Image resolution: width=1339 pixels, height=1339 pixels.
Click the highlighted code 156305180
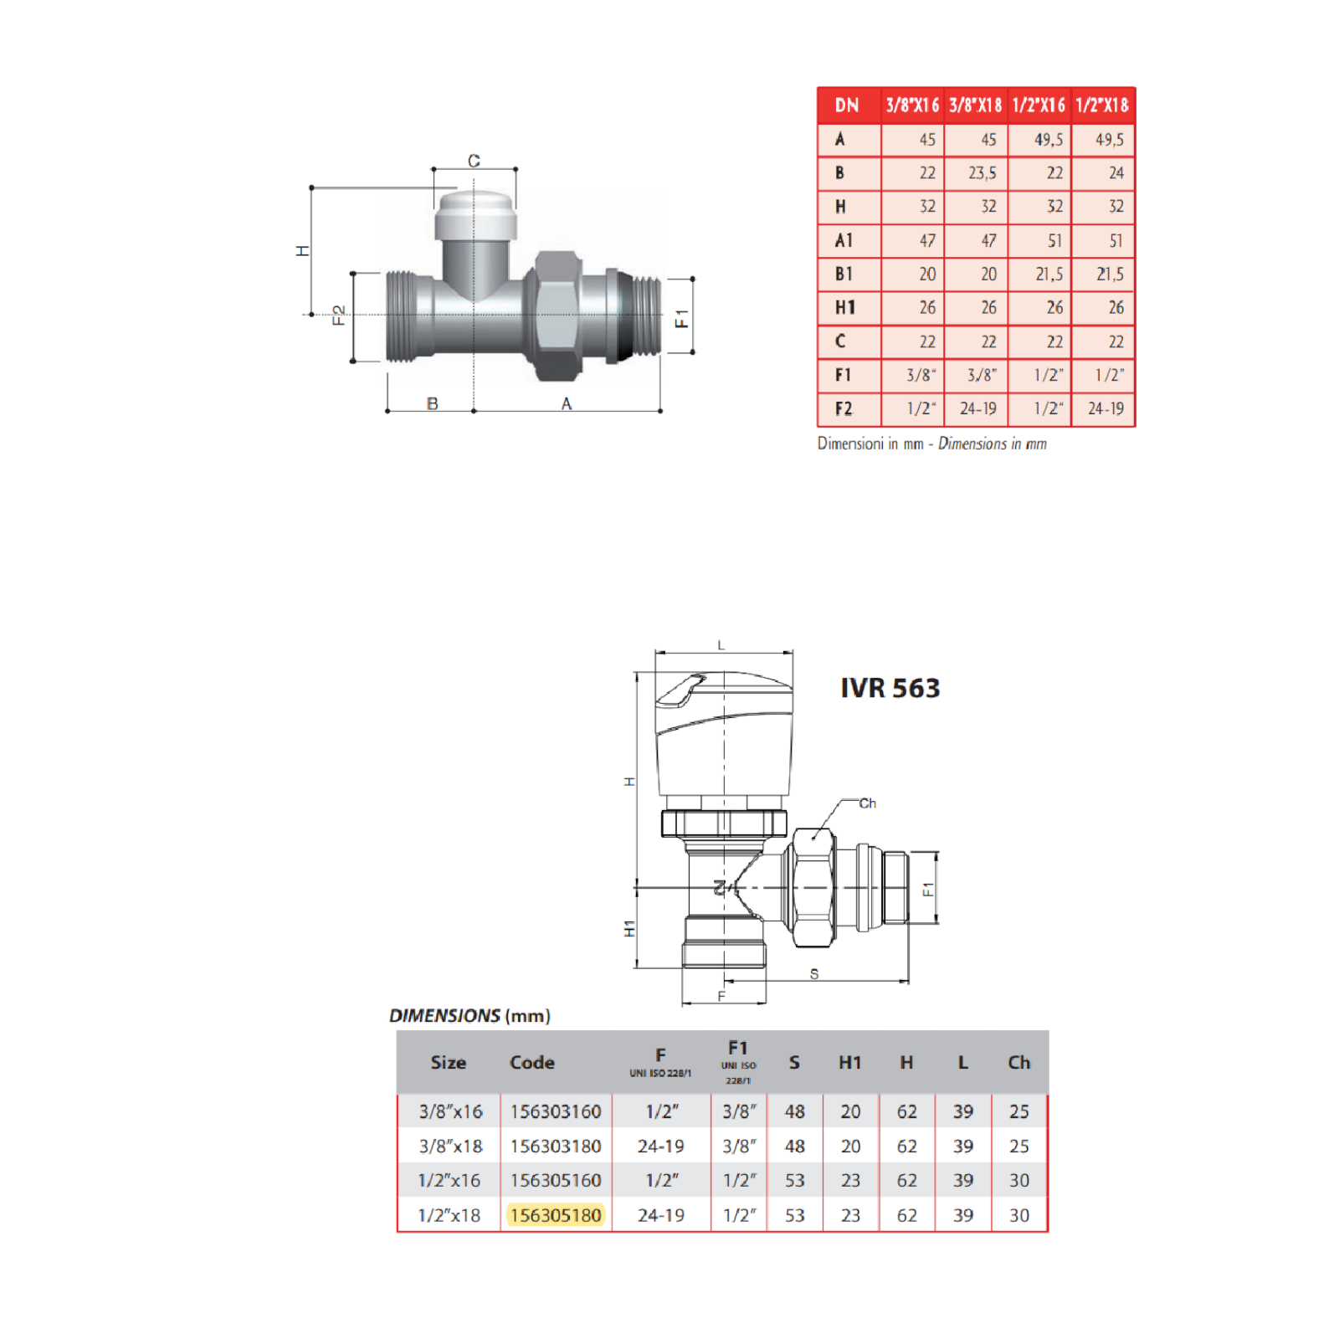[556, 1214]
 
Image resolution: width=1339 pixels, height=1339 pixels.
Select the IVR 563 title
[890, 688]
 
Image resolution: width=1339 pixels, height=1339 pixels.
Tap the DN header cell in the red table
[847, 105]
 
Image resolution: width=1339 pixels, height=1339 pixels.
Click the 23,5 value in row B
[982, 173]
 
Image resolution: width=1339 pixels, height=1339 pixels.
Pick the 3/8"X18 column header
[976, 105]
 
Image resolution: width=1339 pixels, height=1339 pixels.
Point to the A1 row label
[844, 240]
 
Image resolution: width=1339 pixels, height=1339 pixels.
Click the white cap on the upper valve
[475, 215]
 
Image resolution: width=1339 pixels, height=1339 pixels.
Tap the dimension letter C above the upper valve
[474, 160]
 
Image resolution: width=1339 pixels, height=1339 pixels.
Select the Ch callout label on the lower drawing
[867, 803]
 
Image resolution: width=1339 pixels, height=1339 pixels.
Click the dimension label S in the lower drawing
[813, 973]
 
